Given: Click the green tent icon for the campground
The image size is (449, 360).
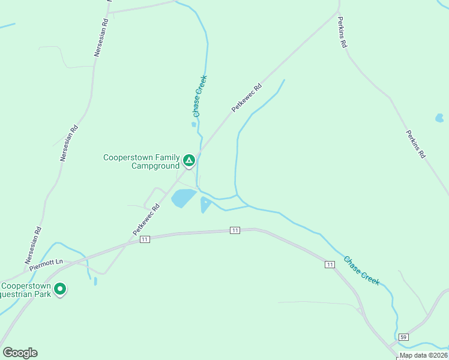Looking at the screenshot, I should [188, 160].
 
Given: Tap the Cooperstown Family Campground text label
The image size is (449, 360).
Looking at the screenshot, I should [142, 161].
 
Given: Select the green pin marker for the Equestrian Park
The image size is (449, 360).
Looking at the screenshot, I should [60, 289].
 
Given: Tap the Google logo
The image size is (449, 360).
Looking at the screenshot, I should [20, 353].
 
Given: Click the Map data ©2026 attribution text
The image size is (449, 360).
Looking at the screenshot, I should [423, 355].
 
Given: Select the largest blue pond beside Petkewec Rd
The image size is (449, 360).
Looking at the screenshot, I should [183, 198].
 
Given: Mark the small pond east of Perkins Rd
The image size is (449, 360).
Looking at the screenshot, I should [439, 118].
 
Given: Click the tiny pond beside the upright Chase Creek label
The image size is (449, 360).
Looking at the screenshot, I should [194, 125].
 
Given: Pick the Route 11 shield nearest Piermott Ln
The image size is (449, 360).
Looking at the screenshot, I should [144, 239].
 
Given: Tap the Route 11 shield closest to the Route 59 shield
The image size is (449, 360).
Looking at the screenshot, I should [330, 264].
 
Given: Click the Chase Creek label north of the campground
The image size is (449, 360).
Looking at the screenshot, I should [200, 96].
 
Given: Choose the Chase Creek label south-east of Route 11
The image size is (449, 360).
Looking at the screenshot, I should [361, 271].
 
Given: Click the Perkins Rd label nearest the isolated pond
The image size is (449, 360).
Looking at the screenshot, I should [415, 144].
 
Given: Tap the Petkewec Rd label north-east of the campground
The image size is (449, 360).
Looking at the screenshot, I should [247, 98].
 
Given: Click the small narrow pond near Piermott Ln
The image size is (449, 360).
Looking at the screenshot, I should [95, 281].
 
